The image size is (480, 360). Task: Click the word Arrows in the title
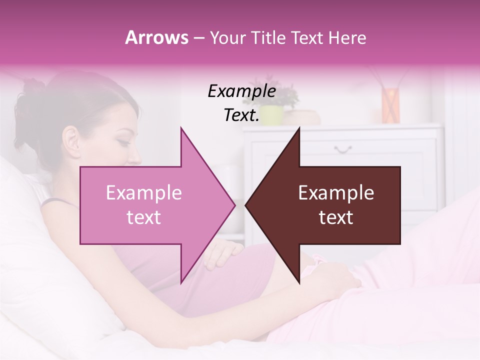pyautogui.click(x=156, y=37)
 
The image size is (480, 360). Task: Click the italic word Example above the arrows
pyautogui.click(x=241, y=91)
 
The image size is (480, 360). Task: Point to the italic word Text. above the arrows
pyautogui.click(x=241, y=115)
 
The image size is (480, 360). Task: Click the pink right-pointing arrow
pyautogui.click(x=150, y=205)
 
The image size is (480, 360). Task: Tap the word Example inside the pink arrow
pyautogui.click(x=143, y=193)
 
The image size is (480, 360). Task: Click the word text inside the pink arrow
pyautogui.click(x=143, y=217)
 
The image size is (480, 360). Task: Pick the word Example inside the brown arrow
pyautogui.click(x=336, y=193)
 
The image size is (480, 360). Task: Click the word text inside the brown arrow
pyautogui.click(x=336, y=217)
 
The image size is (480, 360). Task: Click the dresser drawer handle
pyautogui.click(x=343, y=148)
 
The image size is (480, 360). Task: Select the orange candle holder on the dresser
pyautogui.click(x=390, y=104)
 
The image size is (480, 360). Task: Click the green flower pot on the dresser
pyautogui.click(x=271, y=115)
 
